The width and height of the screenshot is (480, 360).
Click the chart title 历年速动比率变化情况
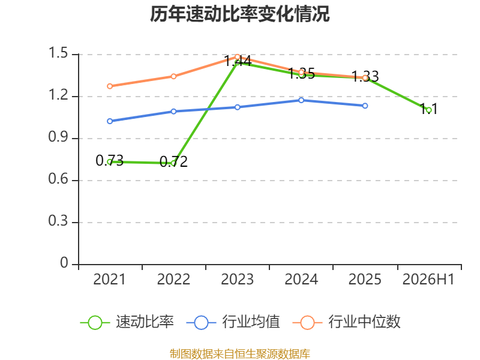click(239, 14)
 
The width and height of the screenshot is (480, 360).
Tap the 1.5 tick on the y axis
click(58, 53)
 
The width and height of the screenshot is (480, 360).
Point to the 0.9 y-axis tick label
click(58, 137)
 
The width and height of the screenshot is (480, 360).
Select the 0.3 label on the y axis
click(58, 221)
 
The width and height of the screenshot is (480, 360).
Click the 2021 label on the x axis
click(109, 280)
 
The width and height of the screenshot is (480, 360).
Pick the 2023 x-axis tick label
click(237, 280)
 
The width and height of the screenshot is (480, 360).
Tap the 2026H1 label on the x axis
click(428, 280)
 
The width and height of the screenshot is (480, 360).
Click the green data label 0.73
click(109, 160)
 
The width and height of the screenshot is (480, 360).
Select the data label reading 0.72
click(173, 161)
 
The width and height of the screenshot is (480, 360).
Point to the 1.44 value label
click(238, 61)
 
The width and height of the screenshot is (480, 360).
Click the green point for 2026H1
click(428, 110)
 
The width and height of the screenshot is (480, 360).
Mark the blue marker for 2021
click(110, 121)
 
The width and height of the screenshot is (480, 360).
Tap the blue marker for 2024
click(301, 100)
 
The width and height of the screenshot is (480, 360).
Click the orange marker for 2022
click(173, 76)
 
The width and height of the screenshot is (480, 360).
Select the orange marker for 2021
click(110, 86)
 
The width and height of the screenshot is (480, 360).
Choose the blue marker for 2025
click(365, 106)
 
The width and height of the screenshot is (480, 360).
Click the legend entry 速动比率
click(127, 322)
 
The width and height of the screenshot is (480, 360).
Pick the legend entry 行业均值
click(233, 322)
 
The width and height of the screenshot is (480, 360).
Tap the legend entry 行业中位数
click(347, 322)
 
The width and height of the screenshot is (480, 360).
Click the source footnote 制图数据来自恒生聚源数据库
click(240, 354)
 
